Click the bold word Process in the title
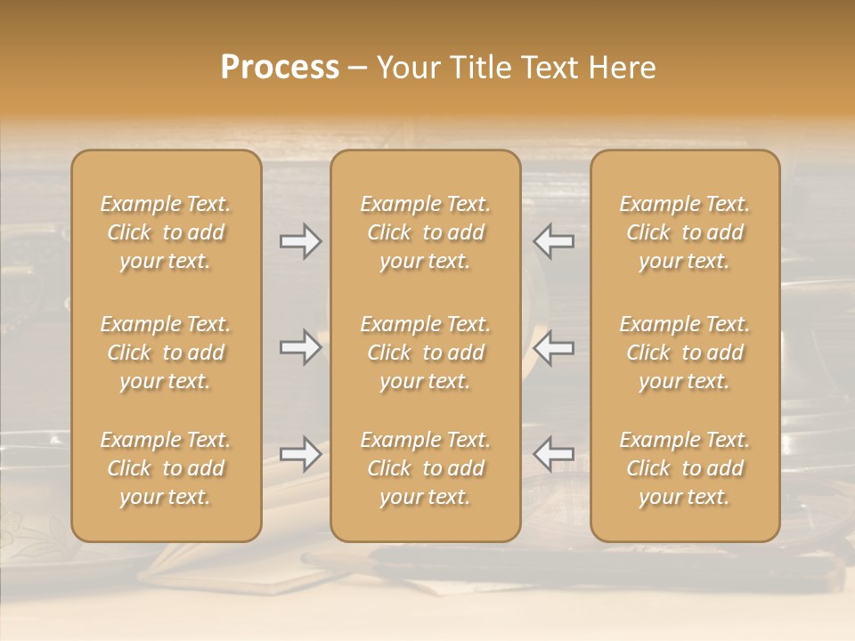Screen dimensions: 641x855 [x=280, y=68]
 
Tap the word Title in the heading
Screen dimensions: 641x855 [x=475, y=68]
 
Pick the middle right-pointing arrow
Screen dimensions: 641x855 [x=300, y=347]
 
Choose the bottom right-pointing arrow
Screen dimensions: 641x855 [x=300, y=454]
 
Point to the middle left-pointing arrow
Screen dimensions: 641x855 [x=553, y=347]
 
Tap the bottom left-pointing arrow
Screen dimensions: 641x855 [x=553, y=454]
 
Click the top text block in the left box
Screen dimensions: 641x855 [x=166, y=232]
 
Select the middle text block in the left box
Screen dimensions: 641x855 [x=166, y=353]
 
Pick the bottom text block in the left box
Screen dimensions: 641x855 [x=166, y=468]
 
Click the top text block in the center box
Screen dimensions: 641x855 [x=426, y=232]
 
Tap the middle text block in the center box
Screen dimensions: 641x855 [x=426, y=353]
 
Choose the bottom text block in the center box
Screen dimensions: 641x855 [x=426, y=468]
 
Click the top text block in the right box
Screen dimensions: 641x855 [x=685, y=232]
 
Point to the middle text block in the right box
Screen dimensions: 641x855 [x=685, y=353]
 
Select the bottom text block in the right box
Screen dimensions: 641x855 [x=685, y=468]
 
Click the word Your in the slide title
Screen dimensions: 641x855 [x=405, y=68]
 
